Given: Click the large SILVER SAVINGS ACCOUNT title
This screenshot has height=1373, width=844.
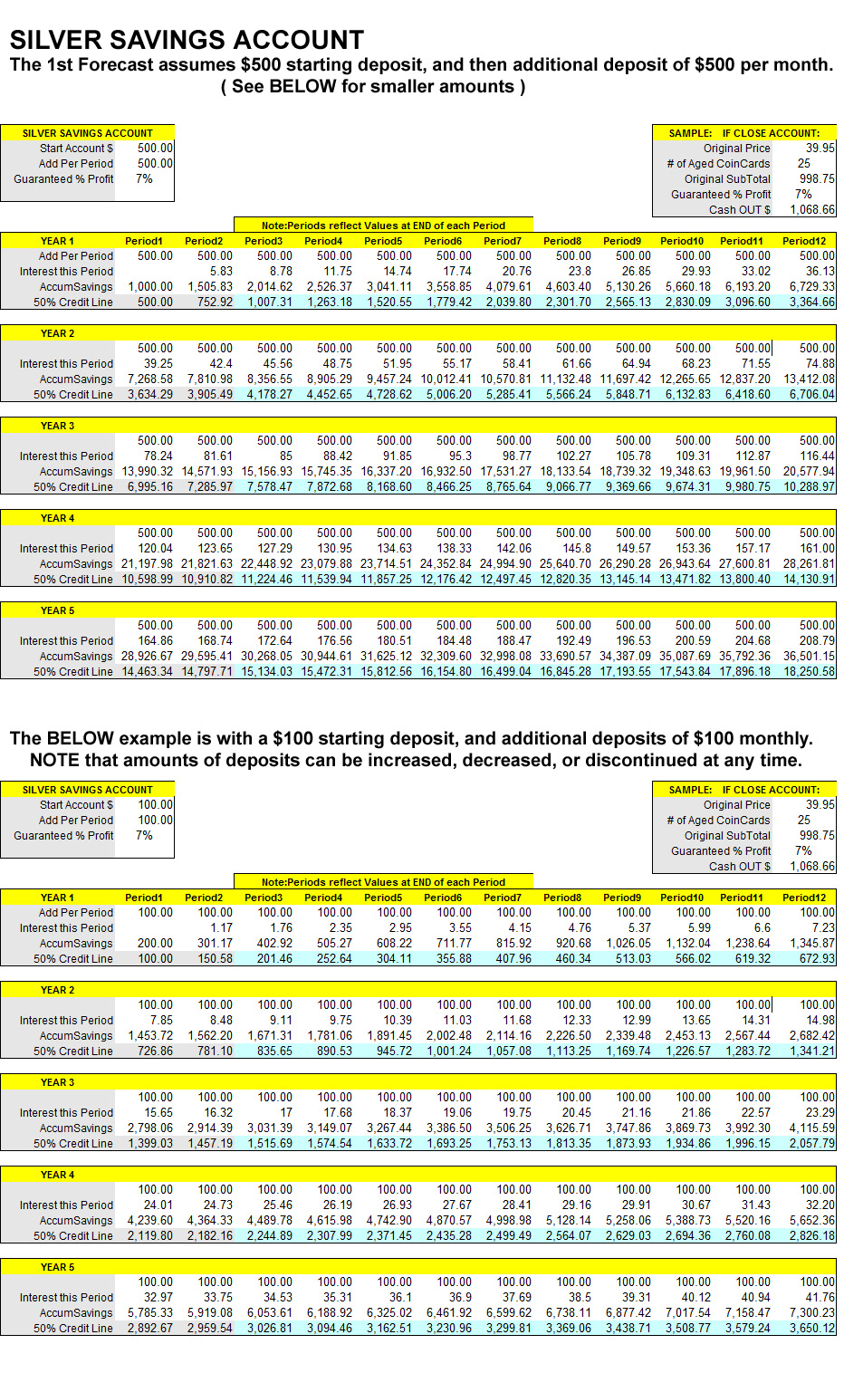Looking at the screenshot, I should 187,40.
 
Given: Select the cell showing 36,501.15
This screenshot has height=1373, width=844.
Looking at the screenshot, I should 809,657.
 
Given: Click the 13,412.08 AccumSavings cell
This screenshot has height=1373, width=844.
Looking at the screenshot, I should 809,379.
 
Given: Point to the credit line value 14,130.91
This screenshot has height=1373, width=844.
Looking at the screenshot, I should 809,580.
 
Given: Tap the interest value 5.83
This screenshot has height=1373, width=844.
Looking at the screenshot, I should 220,272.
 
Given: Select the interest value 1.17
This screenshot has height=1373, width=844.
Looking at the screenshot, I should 221,928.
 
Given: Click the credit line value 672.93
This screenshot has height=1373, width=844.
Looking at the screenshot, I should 816,959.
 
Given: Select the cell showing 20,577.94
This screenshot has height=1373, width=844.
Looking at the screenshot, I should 809,472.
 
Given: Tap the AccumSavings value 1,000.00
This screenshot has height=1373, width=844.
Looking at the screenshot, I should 149,287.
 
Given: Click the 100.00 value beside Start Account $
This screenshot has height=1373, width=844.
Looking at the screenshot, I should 155,805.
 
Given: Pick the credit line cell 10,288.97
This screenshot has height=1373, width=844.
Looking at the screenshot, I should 809,487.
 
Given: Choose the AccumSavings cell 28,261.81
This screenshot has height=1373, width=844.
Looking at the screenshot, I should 809,564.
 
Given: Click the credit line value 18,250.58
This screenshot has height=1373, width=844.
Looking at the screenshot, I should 809,672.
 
